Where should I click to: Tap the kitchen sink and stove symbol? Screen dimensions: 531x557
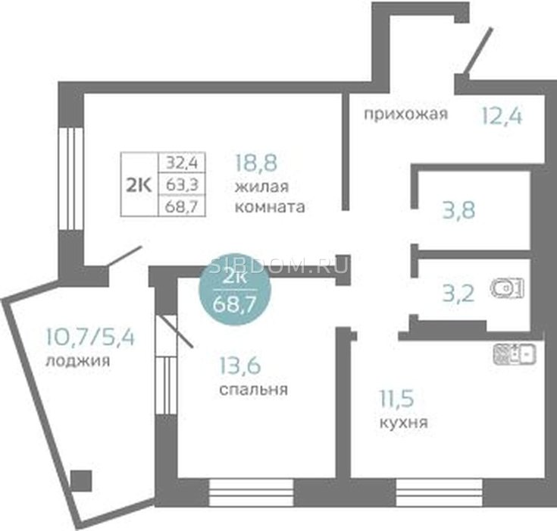click(515, 353)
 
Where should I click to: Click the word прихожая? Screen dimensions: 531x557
click(406, 115)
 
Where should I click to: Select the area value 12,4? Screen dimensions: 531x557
click(502, 116)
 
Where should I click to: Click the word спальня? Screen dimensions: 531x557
click(253, 391)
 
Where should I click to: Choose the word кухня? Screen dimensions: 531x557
click(404, 422)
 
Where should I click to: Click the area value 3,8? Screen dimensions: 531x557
click(458, 209)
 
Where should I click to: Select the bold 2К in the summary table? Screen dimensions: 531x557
click(139, 184)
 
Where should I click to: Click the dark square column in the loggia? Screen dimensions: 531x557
click(80, 480)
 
